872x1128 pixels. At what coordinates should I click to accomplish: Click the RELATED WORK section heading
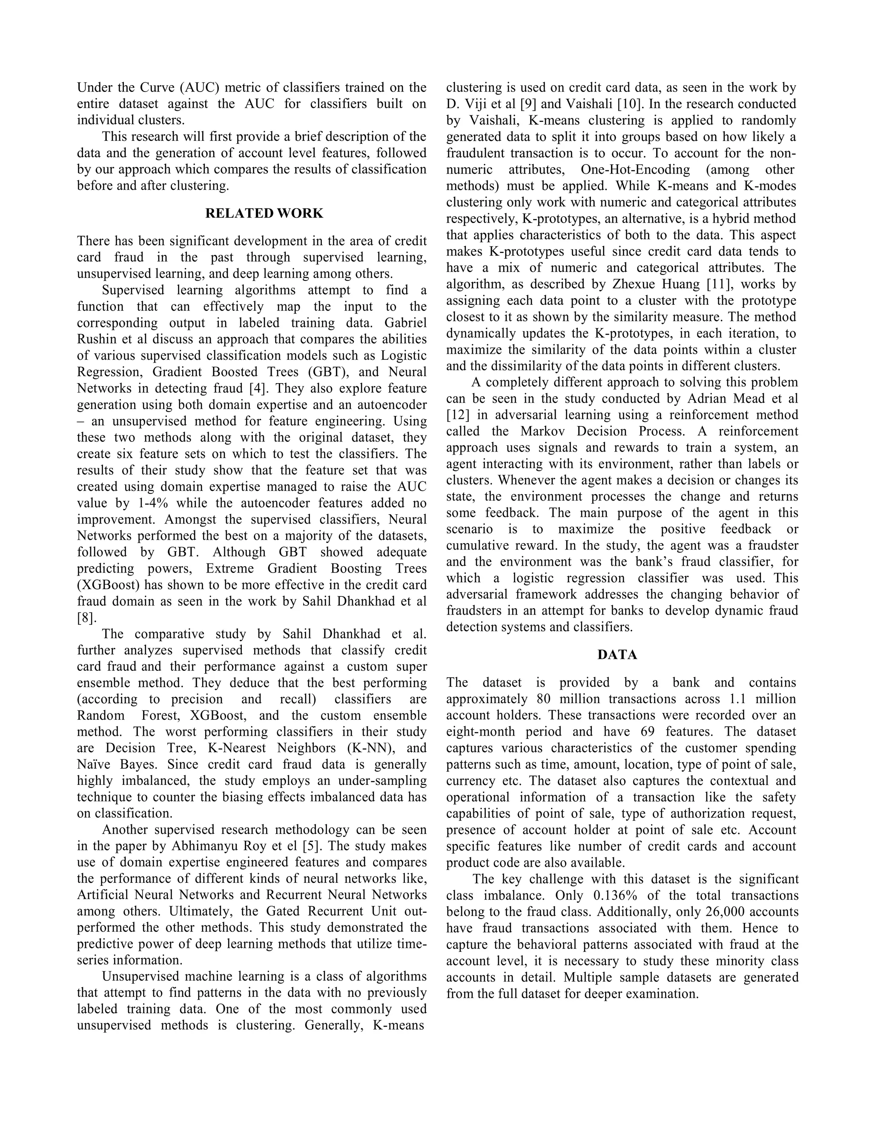[x=264, y=213]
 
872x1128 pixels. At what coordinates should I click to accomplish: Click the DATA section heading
[x=617, y=655]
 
